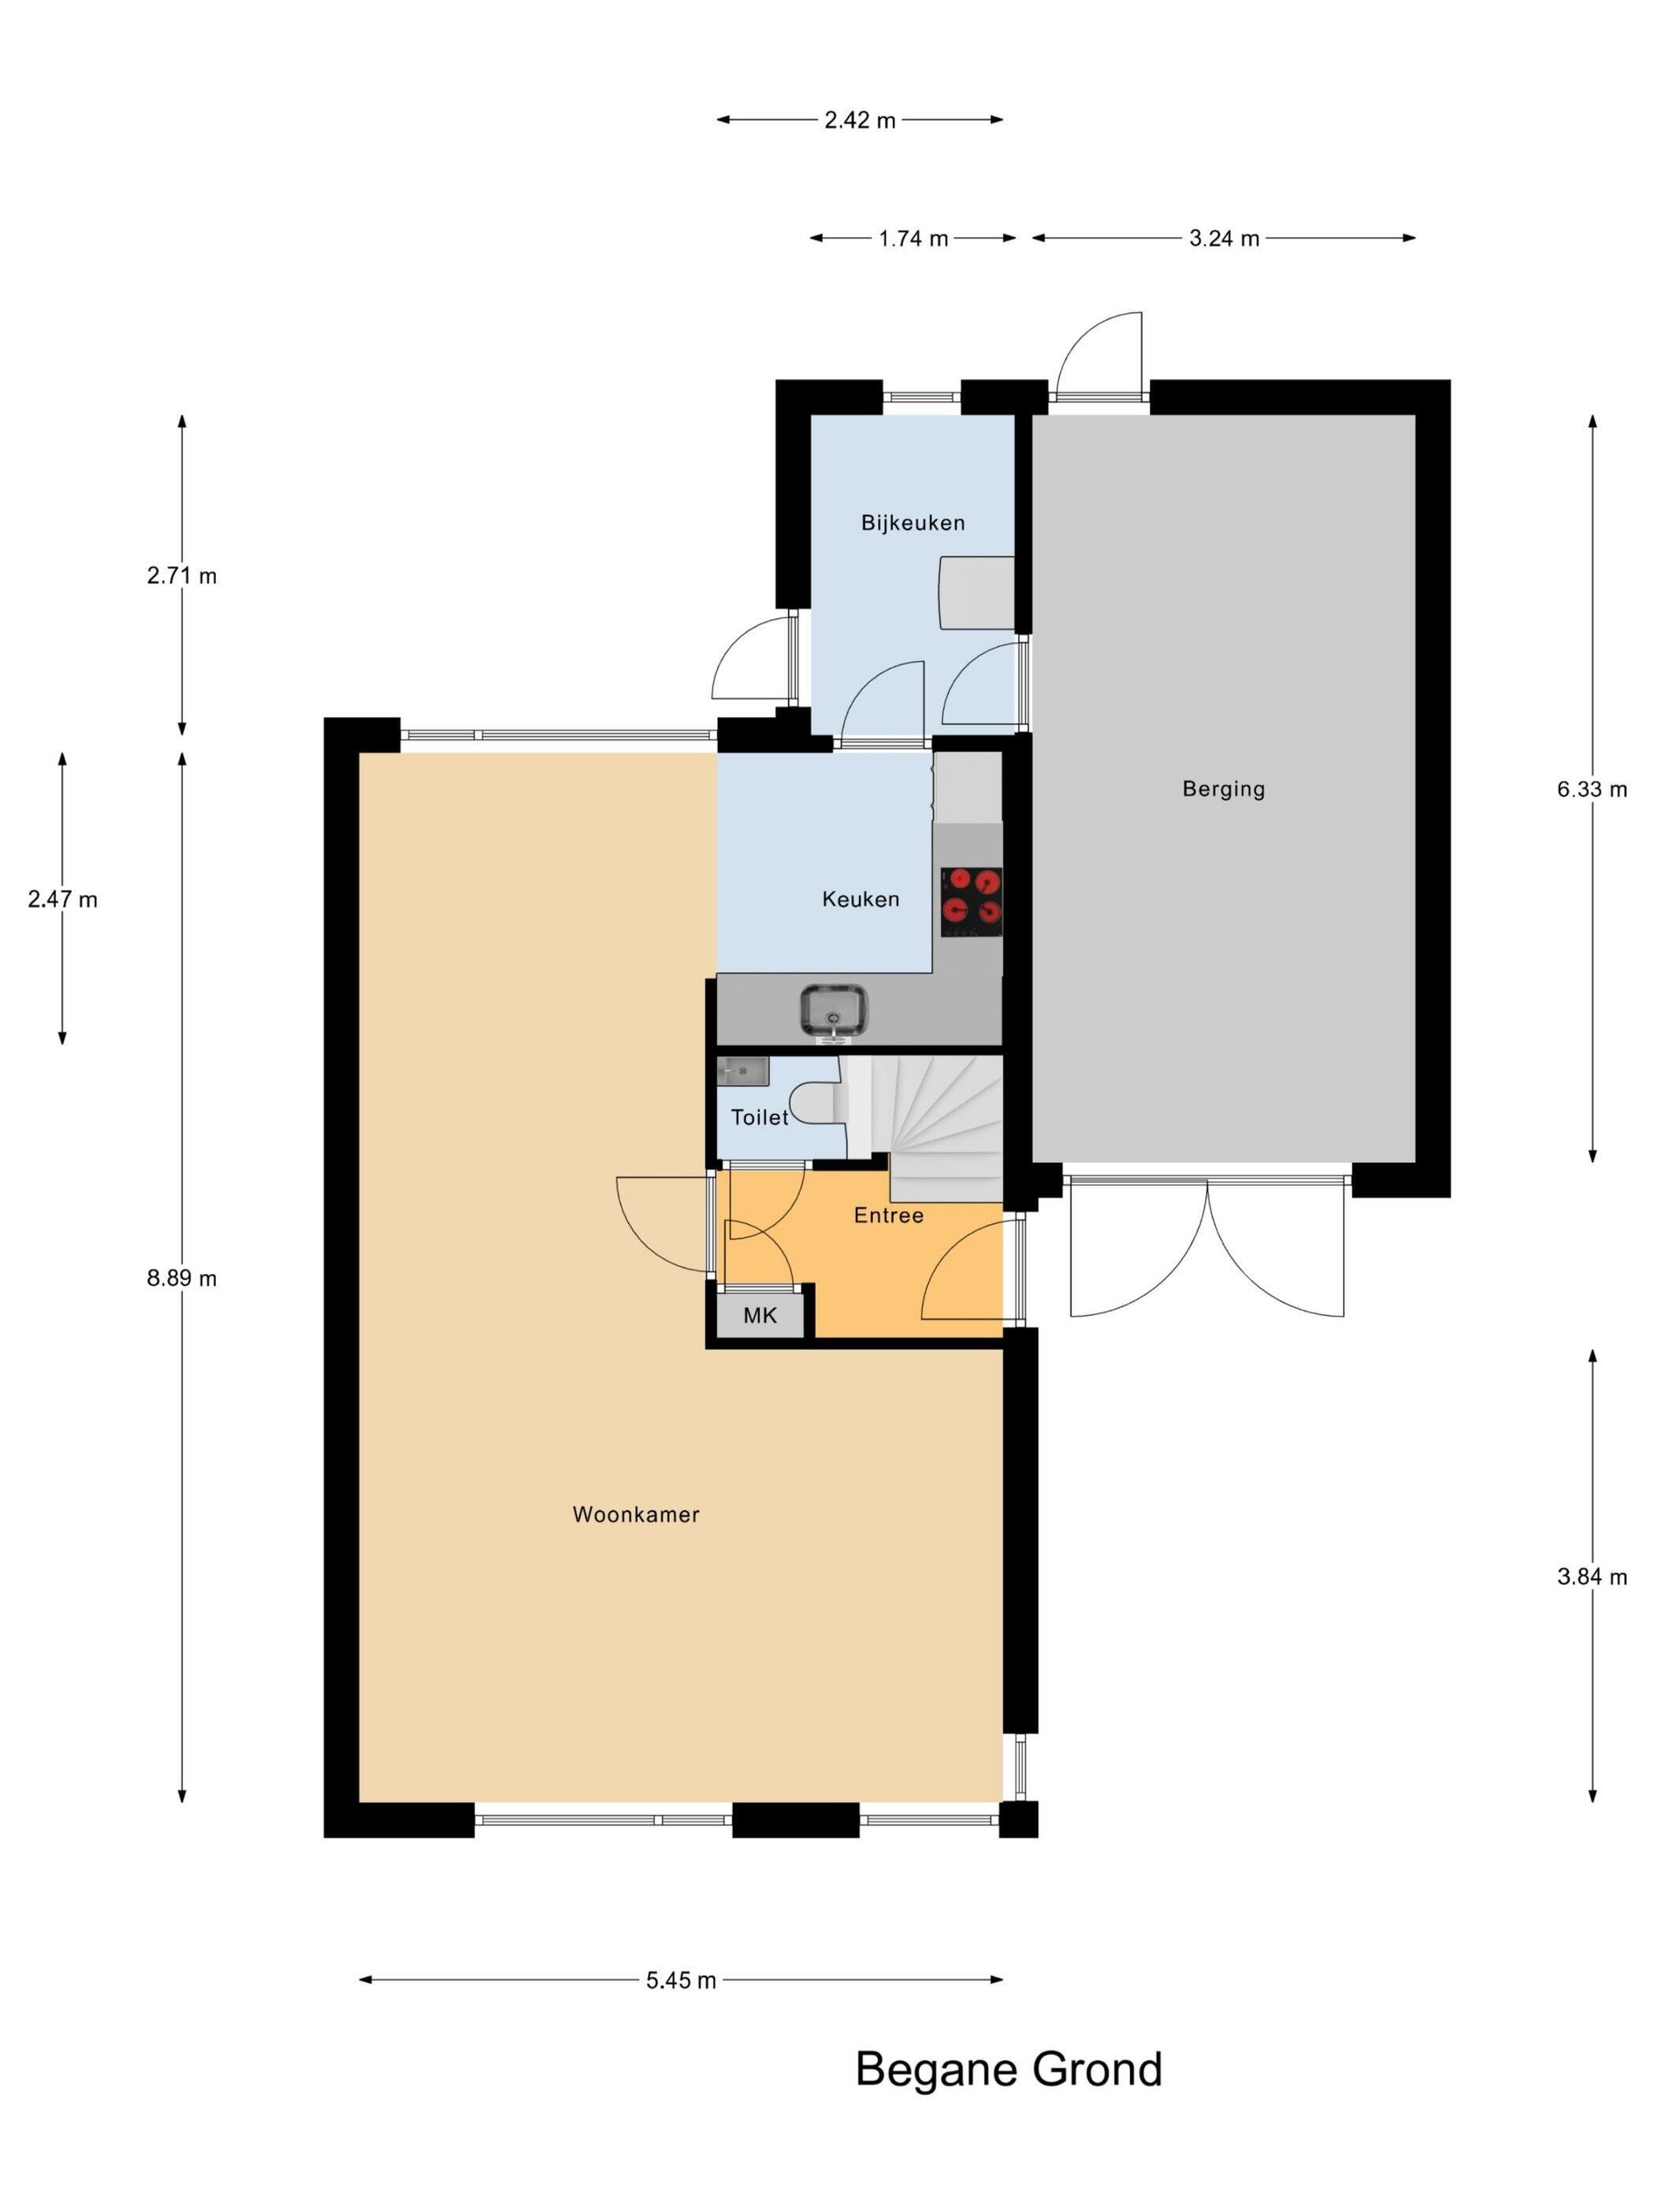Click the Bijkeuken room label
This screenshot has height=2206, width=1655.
[x=912, y=522]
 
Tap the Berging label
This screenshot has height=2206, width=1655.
[x=1223, y=789]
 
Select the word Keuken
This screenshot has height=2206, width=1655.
[x=860, y=899]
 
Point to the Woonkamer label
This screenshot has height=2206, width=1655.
[x=635, y=1514]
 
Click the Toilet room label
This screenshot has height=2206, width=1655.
[x=759, y=1117]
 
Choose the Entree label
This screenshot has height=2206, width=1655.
[x=888, y=1215]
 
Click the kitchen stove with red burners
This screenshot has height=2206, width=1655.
[x=971, y=901]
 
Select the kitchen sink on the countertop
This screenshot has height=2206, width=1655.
[x=832, y=1009]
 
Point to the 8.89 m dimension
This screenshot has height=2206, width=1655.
[x=181, y=1278]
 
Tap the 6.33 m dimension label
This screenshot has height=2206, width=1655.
[x=1591, y=789]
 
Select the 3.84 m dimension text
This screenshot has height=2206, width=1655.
[x=1591, y=1576]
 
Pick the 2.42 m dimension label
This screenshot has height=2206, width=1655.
[x=859, y=120]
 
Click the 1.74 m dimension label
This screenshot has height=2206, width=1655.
[x=913, y=239]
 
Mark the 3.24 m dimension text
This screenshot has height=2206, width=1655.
[x=1223, y=239]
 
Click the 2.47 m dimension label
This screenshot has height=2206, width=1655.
[x=61, y=899]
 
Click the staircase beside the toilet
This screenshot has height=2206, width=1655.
[x=928, y=1127]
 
